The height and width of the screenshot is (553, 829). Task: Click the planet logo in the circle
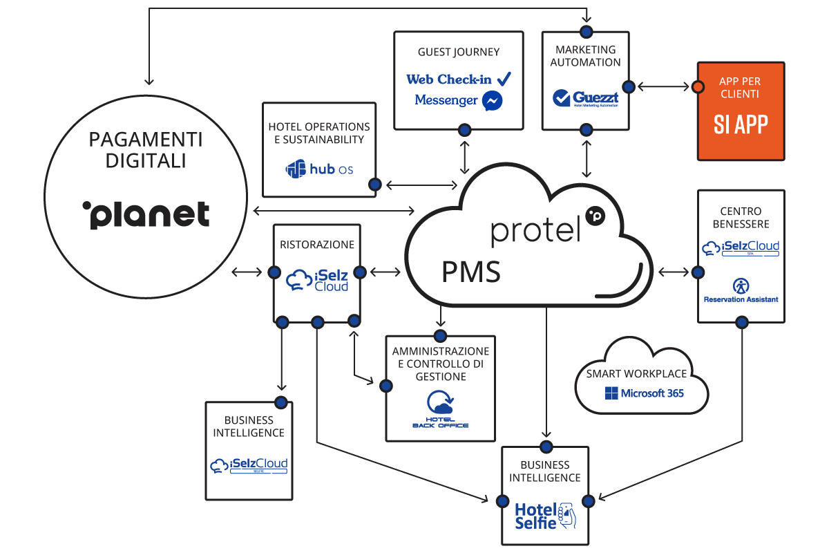pyautogui.click(x=146, y=214)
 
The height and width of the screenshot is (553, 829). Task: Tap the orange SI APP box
pyautogui.click(x=741, y=111)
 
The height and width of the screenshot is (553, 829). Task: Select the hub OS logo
pyautogui.click(x=319, y=168)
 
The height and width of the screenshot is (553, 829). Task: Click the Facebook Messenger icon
pyautogui.click(x=492, y=101)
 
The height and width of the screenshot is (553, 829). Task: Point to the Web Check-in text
pyautogui.click(x=449, y=79)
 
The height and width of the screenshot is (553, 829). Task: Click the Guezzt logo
pyautogui.click(x=586, y=98)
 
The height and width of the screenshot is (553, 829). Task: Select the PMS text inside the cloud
pyautogui.click(x=471, y=272)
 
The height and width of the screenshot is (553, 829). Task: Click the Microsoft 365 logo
pyautogui.click(x=644, y=393)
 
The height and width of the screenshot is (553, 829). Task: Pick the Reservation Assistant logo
pyautogui.click(x=741, y=290)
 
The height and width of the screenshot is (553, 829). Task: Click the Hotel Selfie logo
pyautogui.click(x=545, y=515)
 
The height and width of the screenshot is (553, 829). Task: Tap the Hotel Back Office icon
pyautogui.click(x=440, y=409)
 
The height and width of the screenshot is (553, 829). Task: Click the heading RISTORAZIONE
pyautogui.click(x=317, y=244)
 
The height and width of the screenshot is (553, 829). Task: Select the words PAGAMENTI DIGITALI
pyautogui.click(x=146, y=150)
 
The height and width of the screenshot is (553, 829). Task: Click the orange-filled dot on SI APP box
pyautogui.click(x=698, y=87)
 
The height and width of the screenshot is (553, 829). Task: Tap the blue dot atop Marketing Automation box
pyautogui.click(x=586, y=31)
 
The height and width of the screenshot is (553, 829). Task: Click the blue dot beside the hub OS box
pyautogui.click(x=375, y=185)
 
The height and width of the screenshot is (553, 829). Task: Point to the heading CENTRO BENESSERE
pyautogui.click(x=741, y=218)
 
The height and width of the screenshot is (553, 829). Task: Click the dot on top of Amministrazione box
pyautogui.click(x=440, y=336)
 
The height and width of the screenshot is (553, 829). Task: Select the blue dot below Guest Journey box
pyautogui.click(x=464, y=129)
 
